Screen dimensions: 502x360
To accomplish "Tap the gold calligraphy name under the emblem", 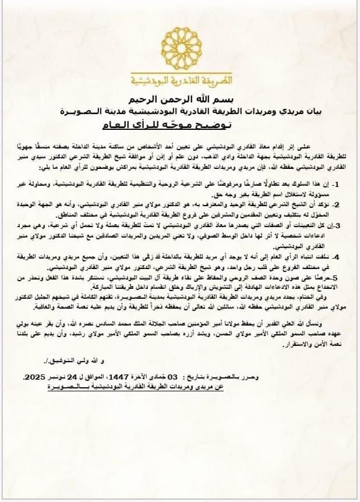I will click(181, 79).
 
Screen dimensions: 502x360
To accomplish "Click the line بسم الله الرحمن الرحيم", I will click(181, 97).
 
